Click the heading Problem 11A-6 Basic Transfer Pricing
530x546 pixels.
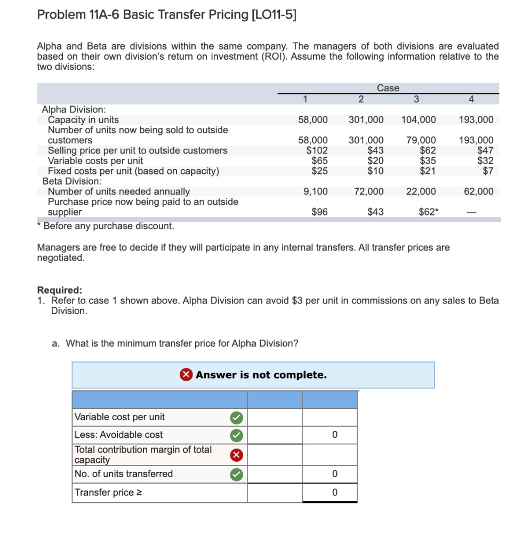[x=166, y=14]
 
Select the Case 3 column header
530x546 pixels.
[x=416, y=99]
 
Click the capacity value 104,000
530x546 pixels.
[x=418, y=119]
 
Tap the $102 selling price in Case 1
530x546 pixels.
[x=317, y=150]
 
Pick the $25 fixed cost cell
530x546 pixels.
[x=319, y=171]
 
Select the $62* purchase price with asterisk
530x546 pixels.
[x=429, y=212]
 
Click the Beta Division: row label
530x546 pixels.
[x=68, y=181]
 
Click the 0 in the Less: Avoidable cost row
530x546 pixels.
[x=334, y=435]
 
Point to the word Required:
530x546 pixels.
[x=59, y=290]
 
